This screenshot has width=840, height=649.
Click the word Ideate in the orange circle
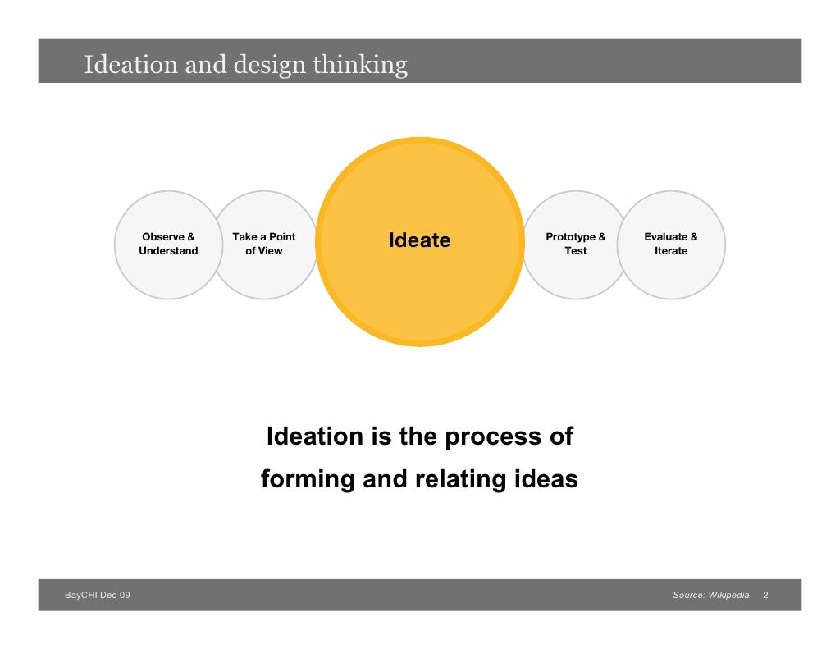click(x=419, y=240)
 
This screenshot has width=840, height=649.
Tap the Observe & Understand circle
click(x=167, y=245)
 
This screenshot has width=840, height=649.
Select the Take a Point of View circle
click(x=264, y=245)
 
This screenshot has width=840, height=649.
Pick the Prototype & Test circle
click(x=575, y=245)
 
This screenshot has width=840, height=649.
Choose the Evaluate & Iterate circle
click(x=671, y=245)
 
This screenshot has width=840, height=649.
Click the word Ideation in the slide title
click(x=131, y=64)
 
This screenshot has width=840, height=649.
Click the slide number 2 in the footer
click(x=765, y=595)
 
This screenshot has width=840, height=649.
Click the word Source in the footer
click(x=687, y=595)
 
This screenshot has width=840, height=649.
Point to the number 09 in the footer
click(x=124, y=595)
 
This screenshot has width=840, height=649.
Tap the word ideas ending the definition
click(x=547, y=479)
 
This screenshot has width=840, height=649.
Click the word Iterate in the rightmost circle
click(x=671, y=251)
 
